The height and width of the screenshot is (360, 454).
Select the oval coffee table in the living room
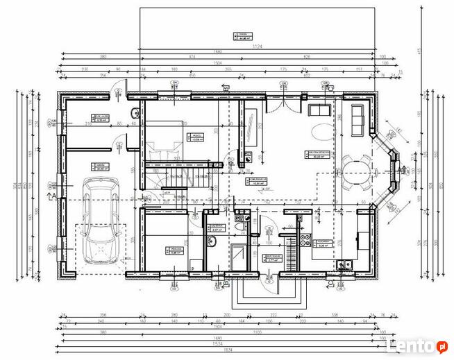(x=322, y=132)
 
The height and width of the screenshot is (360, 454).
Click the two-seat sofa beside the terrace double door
(x=319, y=110)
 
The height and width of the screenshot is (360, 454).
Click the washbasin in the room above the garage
(x=134, y=113)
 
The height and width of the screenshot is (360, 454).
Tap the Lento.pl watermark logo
(x=415, y=344)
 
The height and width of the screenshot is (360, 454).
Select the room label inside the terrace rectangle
(x=243, y=36)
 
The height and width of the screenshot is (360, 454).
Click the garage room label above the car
(x=101, y=166)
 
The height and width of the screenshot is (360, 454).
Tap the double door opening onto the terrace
(x=284, y=102)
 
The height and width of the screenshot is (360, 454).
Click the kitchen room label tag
(x=323, y=243)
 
